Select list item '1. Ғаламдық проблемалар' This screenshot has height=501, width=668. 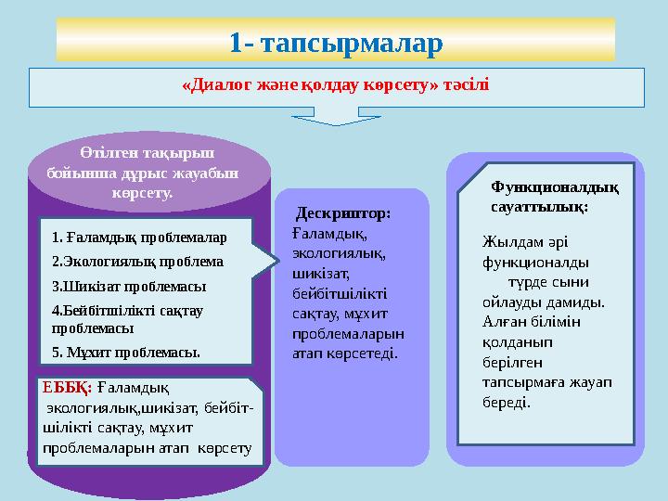pos(139,238)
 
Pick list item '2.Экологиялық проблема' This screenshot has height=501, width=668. pos(137,262)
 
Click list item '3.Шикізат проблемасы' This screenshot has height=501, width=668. pos(129,286)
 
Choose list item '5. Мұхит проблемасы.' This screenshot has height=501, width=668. pos(126,352)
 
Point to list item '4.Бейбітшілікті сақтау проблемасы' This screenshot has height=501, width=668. pos(128,318)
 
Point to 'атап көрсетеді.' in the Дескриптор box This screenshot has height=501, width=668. pos(344,353)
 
